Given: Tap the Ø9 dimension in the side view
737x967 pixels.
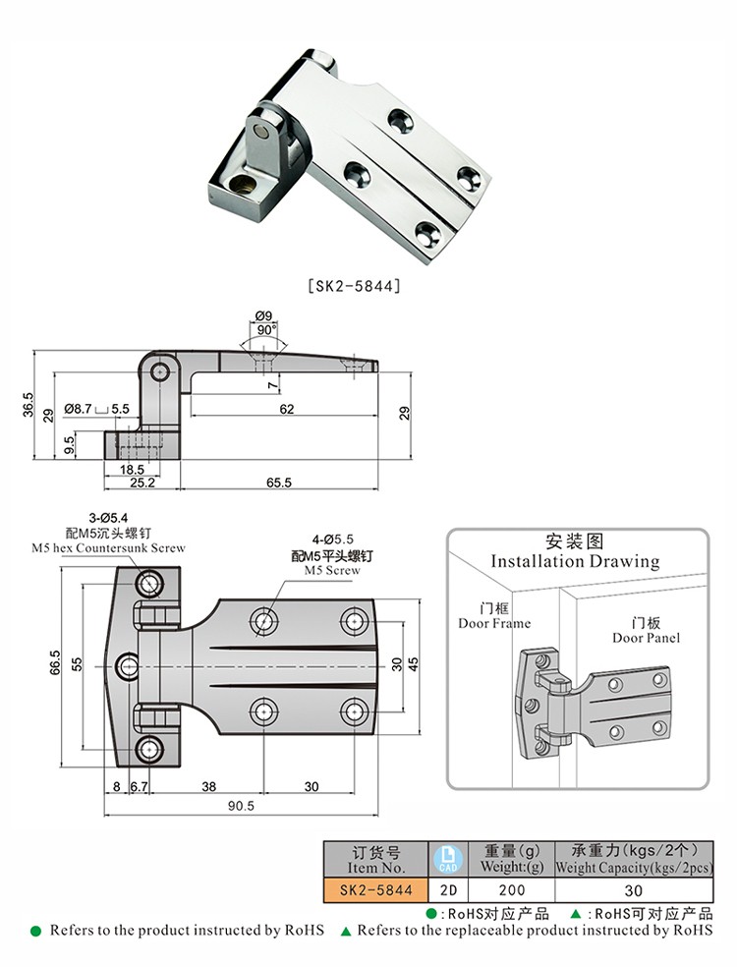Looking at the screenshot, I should click(264, 316).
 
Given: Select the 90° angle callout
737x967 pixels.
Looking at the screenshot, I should click(265, 330).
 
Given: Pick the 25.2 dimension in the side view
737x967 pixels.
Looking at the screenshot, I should click(142, 483).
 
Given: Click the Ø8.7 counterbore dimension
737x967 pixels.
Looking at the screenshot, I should click(79, 408).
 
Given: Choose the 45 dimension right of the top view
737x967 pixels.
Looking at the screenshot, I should click(414, 664).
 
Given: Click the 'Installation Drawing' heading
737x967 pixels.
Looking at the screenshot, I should click(575, 561).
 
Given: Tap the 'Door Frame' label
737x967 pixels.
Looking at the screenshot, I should click(494, 623).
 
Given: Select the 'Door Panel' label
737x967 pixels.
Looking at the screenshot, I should click(646, 638).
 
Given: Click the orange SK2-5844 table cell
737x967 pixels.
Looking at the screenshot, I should click(375, 889).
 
